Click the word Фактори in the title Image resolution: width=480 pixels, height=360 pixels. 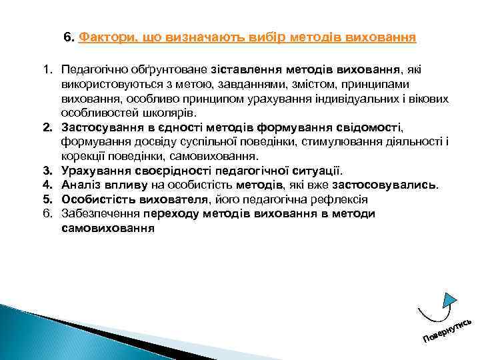coord(105,37)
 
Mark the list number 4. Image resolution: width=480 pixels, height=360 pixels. coord(48,185)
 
